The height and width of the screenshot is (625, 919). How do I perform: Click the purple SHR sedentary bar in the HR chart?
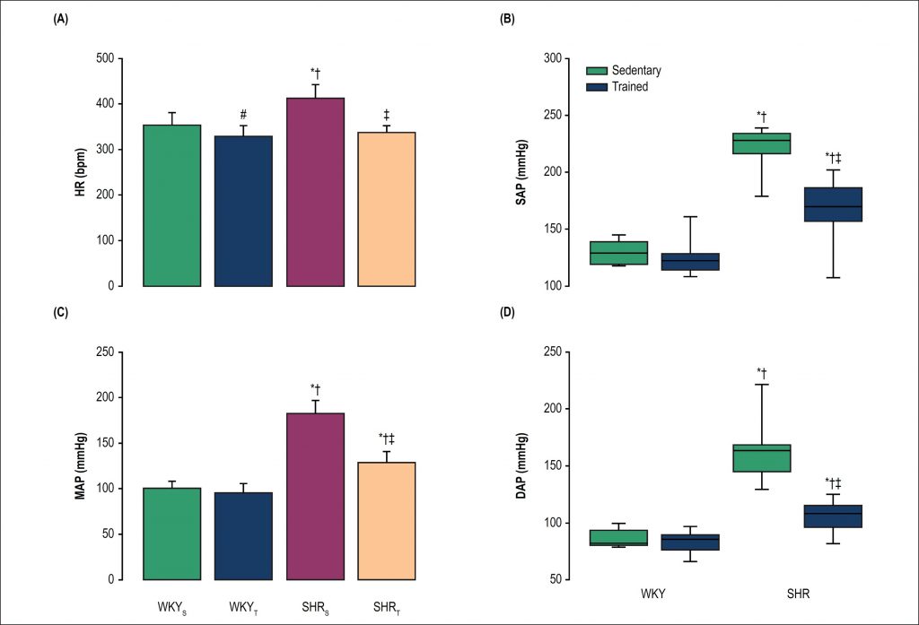(x=315, y=192)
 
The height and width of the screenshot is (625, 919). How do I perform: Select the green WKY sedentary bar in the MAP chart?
(x=171, y=534)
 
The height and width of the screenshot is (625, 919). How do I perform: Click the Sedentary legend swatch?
(x=597, y=71)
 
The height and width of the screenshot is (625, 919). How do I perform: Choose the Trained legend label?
(x=629, y=87)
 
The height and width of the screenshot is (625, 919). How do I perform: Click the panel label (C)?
(x=60, y=315)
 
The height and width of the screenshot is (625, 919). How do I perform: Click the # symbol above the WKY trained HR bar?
(x=243, y=115)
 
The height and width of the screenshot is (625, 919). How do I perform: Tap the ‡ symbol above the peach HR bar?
(x=387, y=115)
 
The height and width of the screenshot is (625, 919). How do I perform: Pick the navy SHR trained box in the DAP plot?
(x=833, y=516)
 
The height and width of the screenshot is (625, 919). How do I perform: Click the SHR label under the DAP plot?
(x=797, y=595)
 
